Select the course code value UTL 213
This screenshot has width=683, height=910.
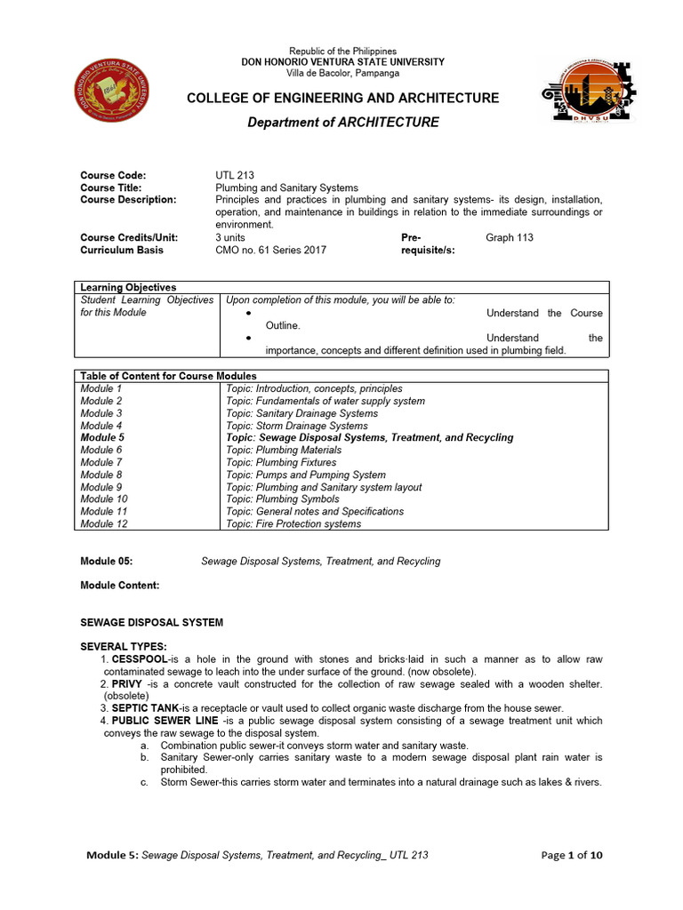pos(235,176)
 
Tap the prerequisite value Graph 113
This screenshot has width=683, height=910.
pos(510,238)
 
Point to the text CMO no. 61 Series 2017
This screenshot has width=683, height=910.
pos(270,251)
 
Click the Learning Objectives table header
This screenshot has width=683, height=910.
pos(128,288)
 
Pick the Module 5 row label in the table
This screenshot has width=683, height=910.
pos(102,438)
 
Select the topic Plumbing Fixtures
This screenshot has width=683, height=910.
pos(281,463)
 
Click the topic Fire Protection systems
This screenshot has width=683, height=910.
pos(293,524)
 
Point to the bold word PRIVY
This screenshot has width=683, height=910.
pos(127,684)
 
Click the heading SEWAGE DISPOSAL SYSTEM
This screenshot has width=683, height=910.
pos(151,623)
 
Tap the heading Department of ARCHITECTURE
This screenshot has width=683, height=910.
pos(342,123)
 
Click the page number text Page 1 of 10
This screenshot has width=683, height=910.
pos(572,856)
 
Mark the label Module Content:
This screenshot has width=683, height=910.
pos(120,586)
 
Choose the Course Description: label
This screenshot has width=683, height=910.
pos(128,200)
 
